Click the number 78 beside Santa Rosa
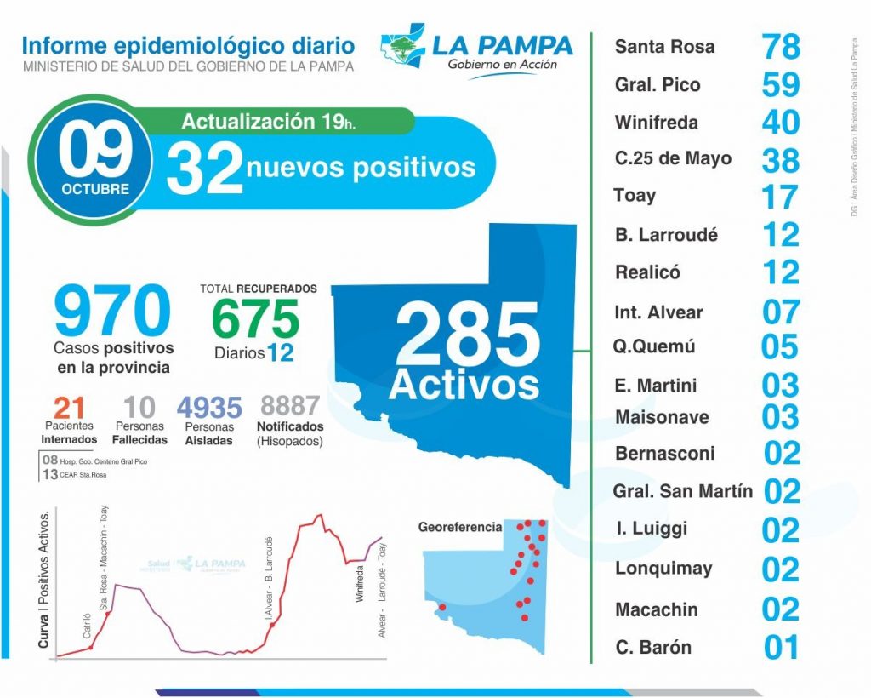point(781,47)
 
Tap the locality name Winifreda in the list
point(656,123)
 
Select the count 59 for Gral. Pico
point(781,85)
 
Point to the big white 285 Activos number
point(467,337)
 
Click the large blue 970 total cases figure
point(112,312)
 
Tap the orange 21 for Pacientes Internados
point(68,407)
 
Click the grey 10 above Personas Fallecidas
point(139,407)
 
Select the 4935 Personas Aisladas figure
point(209,407)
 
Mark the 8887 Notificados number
point(290,405)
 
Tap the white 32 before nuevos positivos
point(204,168)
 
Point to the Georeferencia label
point(460,527)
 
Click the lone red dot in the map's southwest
point(441,607)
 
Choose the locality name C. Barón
point(653,647)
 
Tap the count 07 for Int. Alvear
point(781,312)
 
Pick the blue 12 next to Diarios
point(280,352)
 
